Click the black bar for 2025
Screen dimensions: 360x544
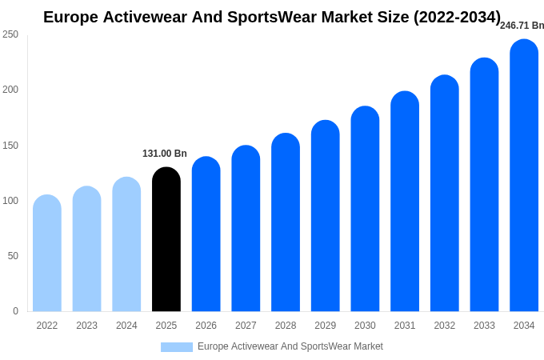point(166,240)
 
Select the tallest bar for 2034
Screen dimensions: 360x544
point(524,176)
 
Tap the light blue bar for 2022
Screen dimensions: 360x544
point(47,254)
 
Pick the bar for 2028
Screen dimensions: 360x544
point(286,222)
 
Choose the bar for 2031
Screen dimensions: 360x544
point(405,202)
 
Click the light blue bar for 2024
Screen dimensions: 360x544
point(126,245)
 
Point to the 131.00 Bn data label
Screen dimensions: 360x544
point(165,154)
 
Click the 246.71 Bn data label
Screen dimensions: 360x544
point(522,26)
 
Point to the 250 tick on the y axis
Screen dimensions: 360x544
point(10,34)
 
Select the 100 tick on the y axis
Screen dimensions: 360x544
point(10,201)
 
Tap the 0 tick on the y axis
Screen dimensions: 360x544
point(15,311)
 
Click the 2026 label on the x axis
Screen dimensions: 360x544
point(206,326)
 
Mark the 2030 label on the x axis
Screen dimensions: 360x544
point(365,326)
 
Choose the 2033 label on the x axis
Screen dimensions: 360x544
point(484,326)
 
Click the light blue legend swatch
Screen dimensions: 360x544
point(177,347)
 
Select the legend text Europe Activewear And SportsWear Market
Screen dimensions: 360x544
point(290,346)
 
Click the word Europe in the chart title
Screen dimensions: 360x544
point(70,17)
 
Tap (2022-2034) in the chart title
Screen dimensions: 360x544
point(457,17)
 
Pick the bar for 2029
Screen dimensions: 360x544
point(326,216)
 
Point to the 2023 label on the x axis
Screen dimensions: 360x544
point(87,326)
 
